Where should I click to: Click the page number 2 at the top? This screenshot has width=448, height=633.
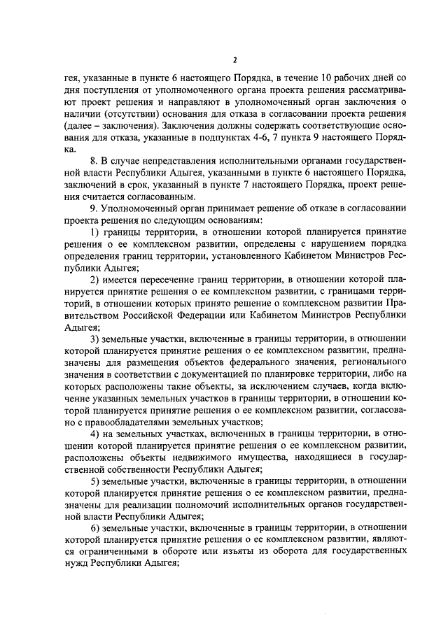[234, 59]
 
